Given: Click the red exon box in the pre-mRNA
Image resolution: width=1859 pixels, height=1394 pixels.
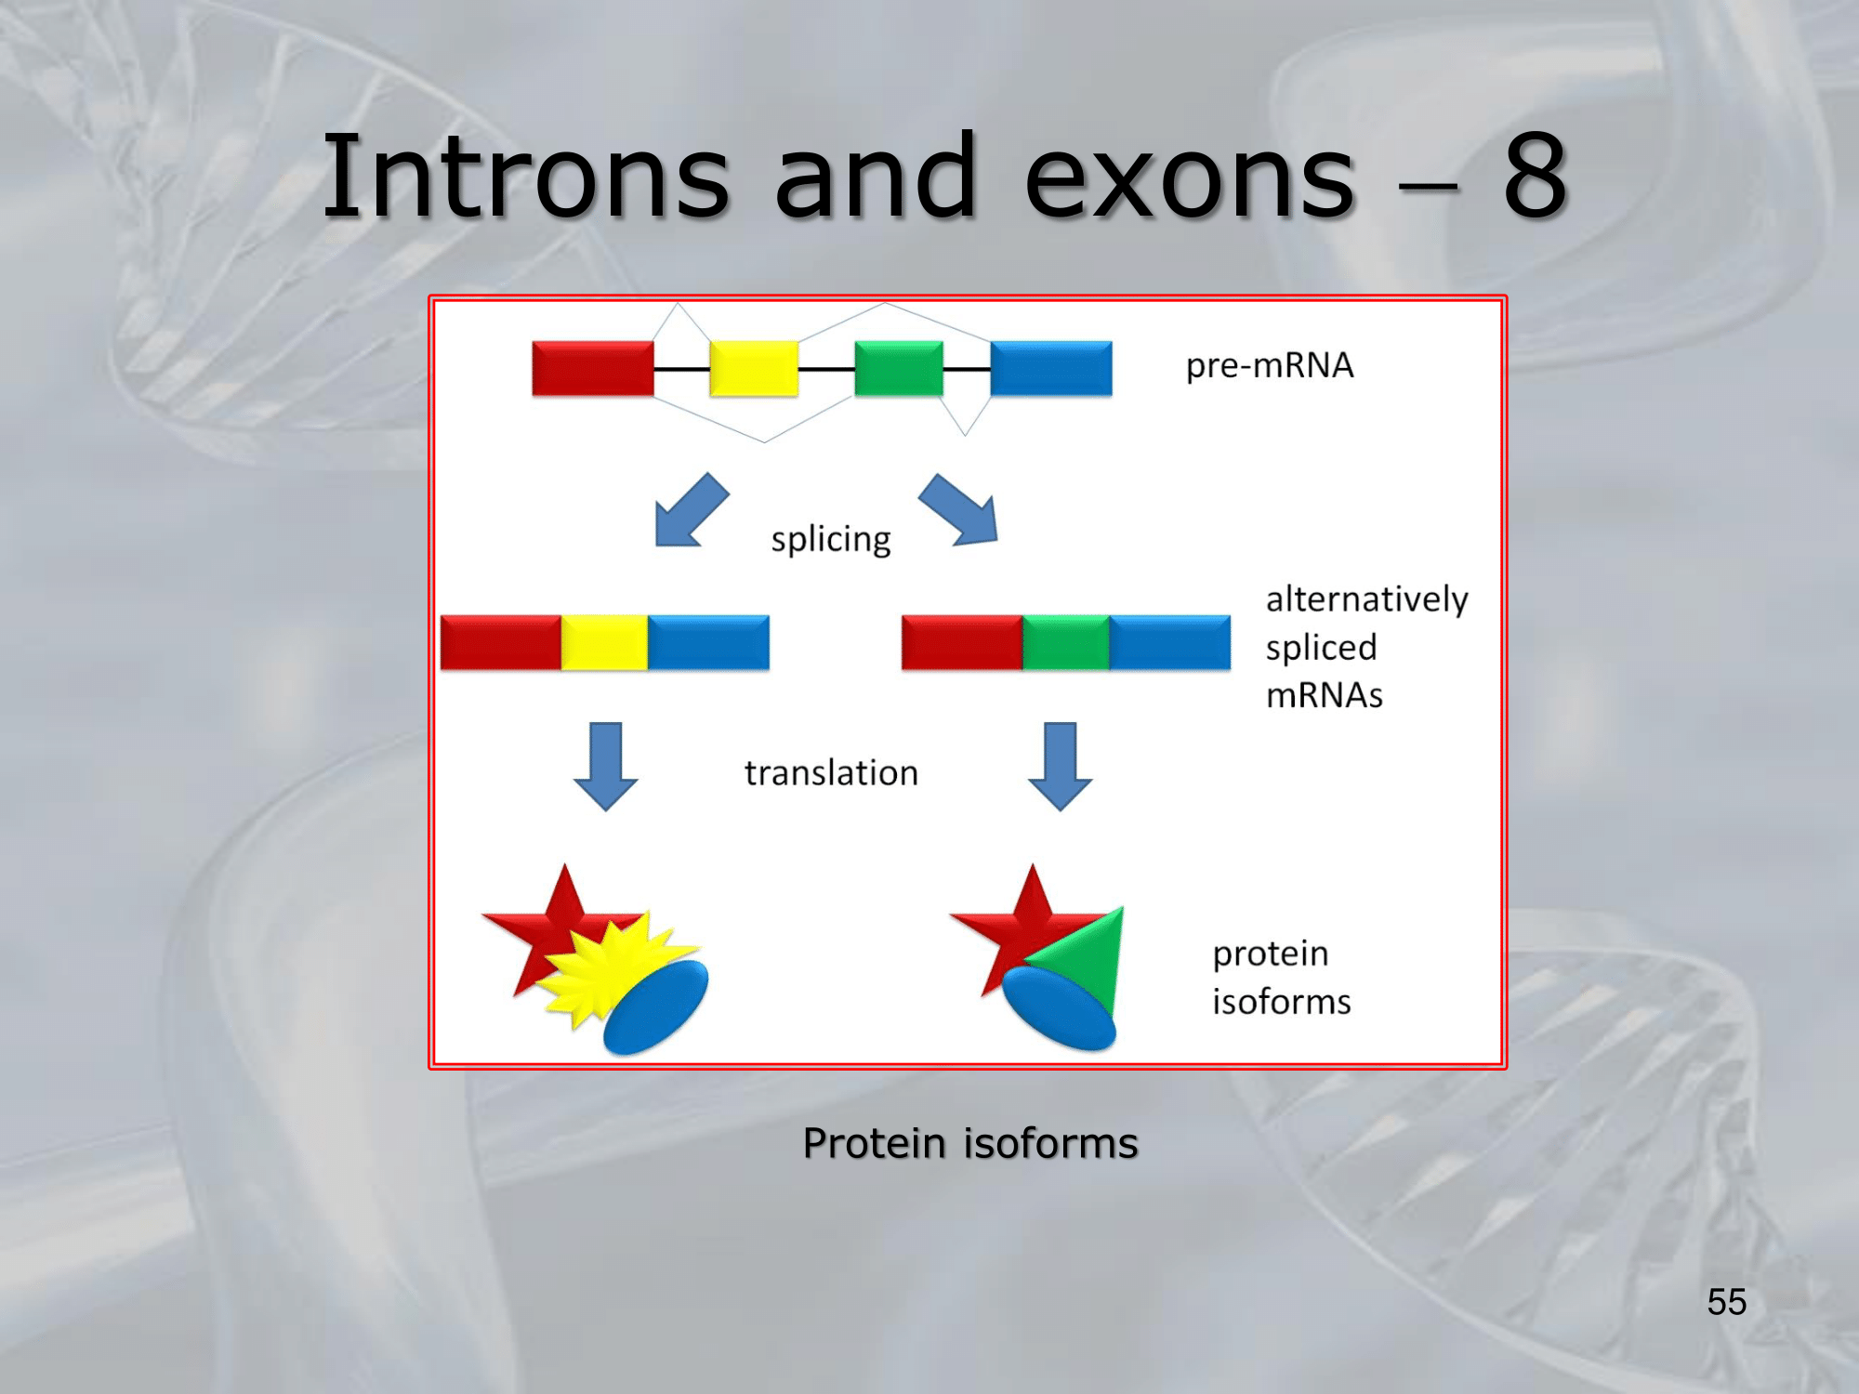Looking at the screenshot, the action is [593, 368].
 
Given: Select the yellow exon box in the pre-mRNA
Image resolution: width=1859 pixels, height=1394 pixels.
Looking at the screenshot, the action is [754, 368].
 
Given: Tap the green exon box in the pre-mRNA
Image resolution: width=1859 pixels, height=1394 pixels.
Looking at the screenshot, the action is [899, 368].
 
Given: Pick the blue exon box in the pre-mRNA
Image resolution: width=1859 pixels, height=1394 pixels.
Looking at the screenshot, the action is [1051, 368].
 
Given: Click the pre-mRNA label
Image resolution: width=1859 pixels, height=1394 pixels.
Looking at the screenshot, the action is [1270, 365].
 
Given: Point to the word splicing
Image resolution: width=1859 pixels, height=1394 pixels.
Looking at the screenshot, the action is [831, 539].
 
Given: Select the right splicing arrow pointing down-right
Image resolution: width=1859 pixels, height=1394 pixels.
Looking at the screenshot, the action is [959, 509].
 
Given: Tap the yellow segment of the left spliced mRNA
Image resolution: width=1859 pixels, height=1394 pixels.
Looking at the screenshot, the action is [604, 642].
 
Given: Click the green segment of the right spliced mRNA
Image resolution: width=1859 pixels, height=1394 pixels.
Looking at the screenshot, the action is [1066, 642].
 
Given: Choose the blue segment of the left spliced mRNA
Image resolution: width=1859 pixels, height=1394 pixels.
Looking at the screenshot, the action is [708, 642].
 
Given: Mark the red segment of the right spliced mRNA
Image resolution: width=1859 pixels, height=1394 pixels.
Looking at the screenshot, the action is [962, 642].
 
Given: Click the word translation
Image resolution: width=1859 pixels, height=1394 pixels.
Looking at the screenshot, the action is [831, 773].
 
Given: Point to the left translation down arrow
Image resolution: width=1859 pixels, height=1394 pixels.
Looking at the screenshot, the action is [606, 767].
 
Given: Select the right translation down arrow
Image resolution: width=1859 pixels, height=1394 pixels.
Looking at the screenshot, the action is [1061, 767].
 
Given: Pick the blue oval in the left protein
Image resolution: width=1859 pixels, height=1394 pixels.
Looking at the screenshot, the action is [656, 1007].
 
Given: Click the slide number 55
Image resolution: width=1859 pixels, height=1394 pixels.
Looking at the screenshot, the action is [1727, 1302].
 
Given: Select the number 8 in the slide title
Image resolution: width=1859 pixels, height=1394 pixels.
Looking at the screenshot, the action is [1536, 177].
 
